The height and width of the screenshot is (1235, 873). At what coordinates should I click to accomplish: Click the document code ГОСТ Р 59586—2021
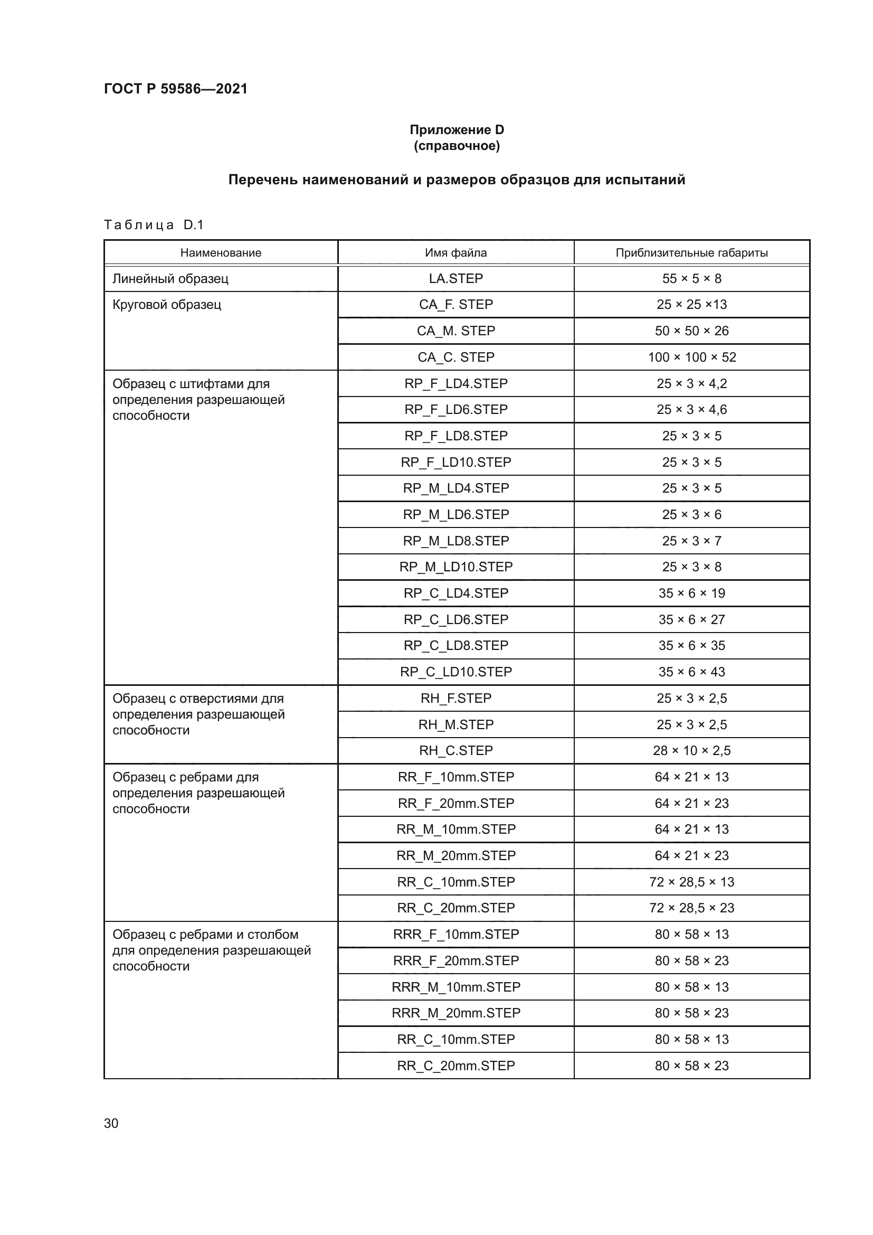(x=175, y=89)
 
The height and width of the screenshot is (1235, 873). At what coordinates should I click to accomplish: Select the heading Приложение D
(x=457, y=130)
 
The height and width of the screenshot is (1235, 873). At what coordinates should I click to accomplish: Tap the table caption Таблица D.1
(x=154, y=225)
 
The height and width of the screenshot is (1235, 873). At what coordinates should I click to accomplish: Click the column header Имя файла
(x=456, y=253)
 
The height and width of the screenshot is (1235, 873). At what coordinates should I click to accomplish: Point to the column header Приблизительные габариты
(x=691, y=253)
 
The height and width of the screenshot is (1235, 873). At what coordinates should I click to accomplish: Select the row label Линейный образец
(x=170, y=279)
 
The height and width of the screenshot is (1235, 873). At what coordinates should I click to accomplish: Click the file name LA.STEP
(x=456, y=279)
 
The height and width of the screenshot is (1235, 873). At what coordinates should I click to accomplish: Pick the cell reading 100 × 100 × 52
(x=691, y=357)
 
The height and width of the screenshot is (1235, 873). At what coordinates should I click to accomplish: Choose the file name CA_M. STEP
(x=456, y=331)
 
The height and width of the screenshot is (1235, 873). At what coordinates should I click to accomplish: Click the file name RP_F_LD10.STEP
(x=456, y=462)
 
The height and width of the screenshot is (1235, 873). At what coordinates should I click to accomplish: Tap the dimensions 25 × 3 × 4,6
(x=691, y=410)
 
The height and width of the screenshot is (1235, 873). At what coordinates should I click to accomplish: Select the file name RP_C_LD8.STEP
(x=456, y=645)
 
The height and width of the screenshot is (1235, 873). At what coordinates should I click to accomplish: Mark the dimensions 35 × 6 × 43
(x=691, y=672)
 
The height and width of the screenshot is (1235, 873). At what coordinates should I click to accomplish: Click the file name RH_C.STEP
(x=456, y=750)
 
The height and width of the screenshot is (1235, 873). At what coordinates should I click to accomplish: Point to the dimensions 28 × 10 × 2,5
(x=691, y=750)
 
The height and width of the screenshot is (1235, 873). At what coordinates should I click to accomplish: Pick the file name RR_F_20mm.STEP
(x=456, y=803)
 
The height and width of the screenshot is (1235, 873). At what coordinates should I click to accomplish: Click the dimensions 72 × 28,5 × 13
(x=691, y=882)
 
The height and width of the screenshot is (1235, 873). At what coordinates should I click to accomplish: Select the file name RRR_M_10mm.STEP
(x=456, y=987)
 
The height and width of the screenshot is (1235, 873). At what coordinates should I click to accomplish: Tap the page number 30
(x=111, y=1123)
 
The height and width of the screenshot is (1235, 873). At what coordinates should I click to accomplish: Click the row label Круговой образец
(x=167, y=305)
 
